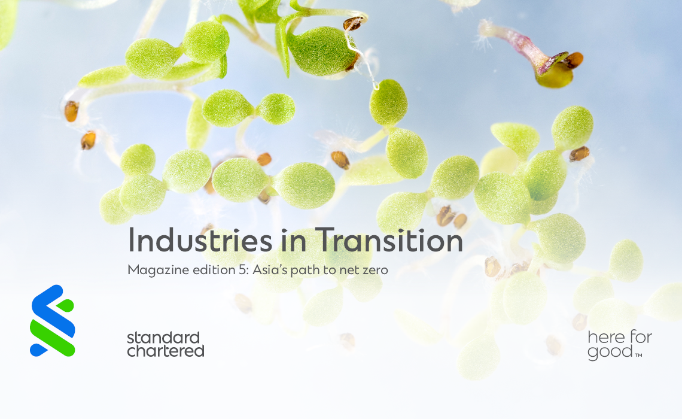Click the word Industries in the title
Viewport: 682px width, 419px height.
(x=200, y=240)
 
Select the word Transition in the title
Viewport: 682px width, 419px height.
(x=389, y=240)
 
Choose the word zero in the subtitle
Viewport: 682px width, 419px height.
(x=375, y=271)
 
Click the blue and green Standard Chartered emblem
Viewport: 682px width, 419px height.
(x=52, y=321)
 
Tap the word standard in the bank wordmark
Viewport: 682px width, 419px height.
(x=163, y=338)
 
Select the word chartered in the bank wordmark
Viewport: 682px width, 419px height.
(x=165, y=351)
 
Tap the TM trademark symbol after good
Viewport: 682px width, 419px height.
(x=638, y=355)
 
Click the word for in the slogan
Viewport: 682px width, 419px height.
(x=640, y=337)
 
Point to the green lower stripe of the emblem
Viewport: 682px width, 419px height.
(x=52, y=335)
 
